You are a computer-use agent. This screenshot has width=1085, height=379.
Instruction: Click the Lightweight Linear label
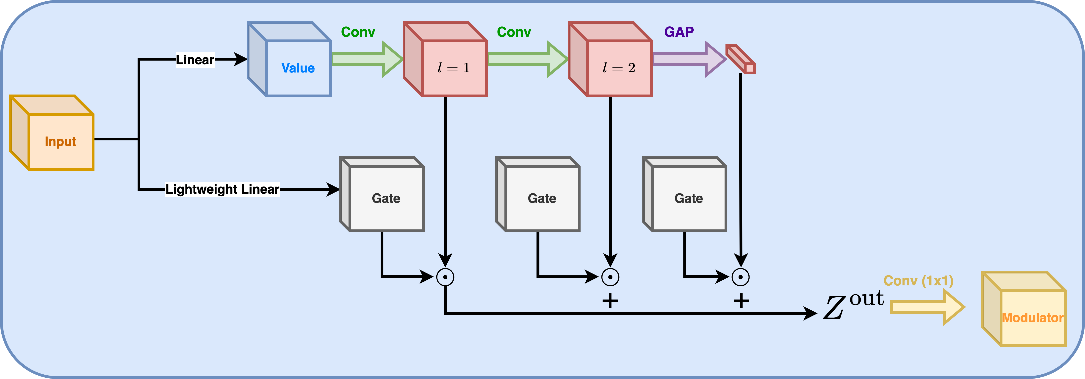(x=222, y=189)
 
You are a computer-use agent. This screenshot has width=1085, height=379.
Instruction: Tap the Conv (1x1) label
(x=918, y=281)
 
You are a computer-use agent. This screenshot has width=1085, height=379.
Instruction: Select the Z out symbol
(x=853, y=304)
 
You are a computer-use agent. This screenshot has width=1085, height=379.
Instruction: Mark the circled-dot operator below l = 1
(x=445, y=277)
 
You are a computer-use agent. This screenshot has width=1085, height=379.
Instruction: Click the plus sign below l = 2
(x=610, y=301)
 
